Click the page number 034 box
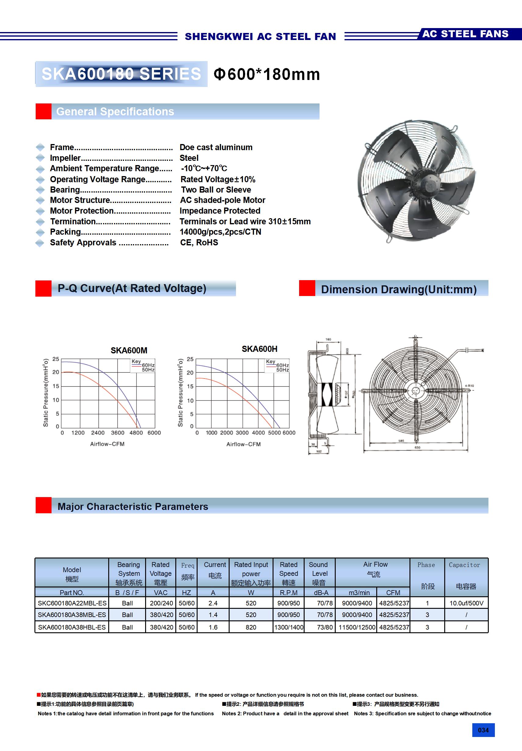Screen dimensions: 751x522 coord(483,730)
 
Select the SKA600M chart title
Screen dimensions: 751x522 coord(129,351)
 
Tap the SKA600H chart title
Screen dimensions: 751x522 coord(259,349)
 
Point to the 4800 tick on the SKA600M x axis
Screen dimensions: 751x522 coord(136,433)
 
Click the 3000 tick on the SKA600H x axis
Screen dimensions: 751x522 coord(242,433)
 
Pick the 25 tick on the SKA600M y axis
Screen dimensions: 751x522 coord(56,359)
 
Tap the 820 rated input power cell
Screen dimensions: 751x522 coord(251,627)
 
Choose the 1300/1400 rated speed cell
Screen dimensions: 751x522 coord(289,627)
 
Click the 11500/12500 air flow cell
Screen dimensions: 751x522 coord(357,627)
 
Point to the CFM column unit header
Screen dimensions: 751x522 coord(393,593)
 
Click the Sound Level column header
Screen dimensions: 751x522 coord(319,573)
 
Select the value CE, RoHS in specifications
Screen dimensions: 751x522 coord(199,243)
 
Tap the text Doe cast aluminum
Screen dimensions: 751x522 coord(216,147)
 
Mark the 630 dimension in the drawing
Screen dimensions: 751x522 coord(417,447)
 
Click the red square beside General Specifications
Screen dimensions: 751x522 coord(44,112)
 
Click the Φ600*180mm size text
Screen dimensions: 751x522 coord(267,74)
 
